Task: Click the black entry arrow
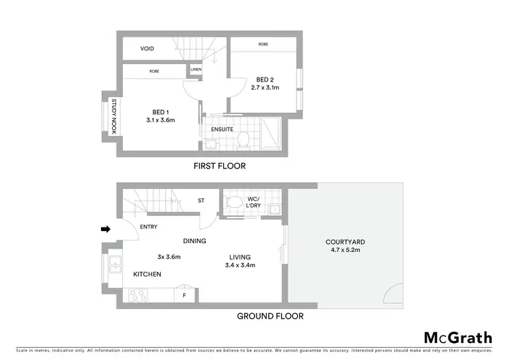point(105,230)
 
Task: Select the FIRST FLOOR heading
point(219,166)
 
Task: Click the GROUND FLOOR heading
point(269,316)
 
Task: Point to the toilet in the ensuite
point(242,139)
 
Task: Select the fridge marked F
point(184,295)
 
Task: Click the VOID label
point(147,49)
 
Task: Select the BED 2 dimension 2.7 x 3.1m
point(265,88)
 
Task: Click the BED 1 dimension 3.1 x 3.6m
point(161,120)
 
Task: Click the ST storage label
point(201,200)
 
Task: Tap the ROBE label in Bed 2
point(263,44)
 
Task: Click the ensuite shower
point(271,133)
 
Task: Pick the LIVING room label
point(240,257)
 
